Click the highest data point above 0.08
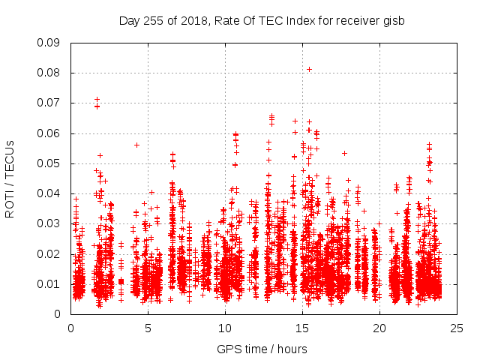309,69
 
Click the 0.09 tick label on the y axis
49,43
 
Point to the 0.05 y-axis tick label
49,163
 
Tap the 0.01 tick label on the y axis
49,284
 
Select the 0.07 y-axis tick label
49,103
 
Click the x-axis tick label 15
302,328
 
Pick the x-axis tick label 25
457,328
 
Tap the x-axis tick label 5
148,328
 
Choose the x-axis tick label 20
379,328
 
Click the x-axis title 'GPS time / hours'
262,349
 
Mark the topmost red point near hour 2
97,99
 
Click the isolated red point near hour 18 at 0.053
344,153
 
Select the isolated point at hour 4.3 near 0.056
136,145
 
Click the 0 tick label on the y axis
58,314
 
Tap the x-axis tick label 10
225,328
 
